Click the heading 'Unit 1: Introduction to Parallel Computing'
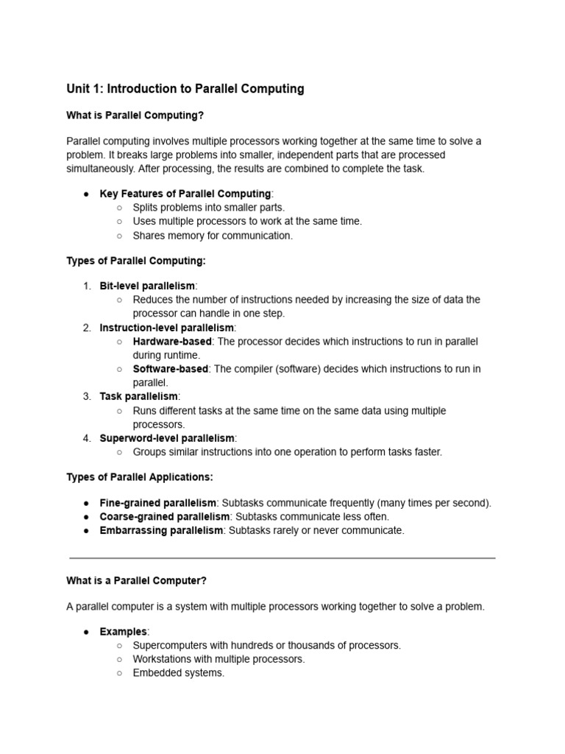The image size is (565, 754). click(185, 89)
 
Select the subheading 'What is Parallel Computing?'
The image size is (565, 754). click(135, 115)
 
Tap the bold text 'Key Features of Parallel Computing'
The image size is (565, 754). click(185, 194)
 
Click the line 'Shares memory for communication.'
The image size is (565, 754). click(213, 236)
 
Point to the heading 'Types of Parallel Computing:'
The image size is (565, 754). click(136, 261)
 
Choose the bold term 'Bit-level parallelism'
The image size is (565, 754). click(148, 286)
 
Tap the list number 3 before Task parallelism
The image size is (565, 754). click(87, 397)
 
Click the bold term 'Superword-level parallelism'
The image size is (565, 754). click(167, 438)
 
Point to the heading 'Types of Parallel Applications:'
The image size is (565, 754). click(140, 477)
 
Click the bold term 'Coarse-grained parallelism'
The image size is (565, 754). click(165, 517)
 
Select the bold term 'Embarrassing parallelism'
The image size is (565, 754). click(160, 531)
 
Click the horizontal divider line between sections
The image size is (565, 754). click(282, 558)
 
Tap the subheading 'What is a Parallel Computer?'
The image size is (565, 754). click(137, 581)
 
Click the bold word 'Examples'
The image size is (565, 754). click(123, 632)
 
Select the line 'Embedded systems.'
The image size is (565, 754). click(179, 673)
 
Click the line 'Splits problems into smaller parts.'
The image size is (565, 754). click(209, 208)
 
